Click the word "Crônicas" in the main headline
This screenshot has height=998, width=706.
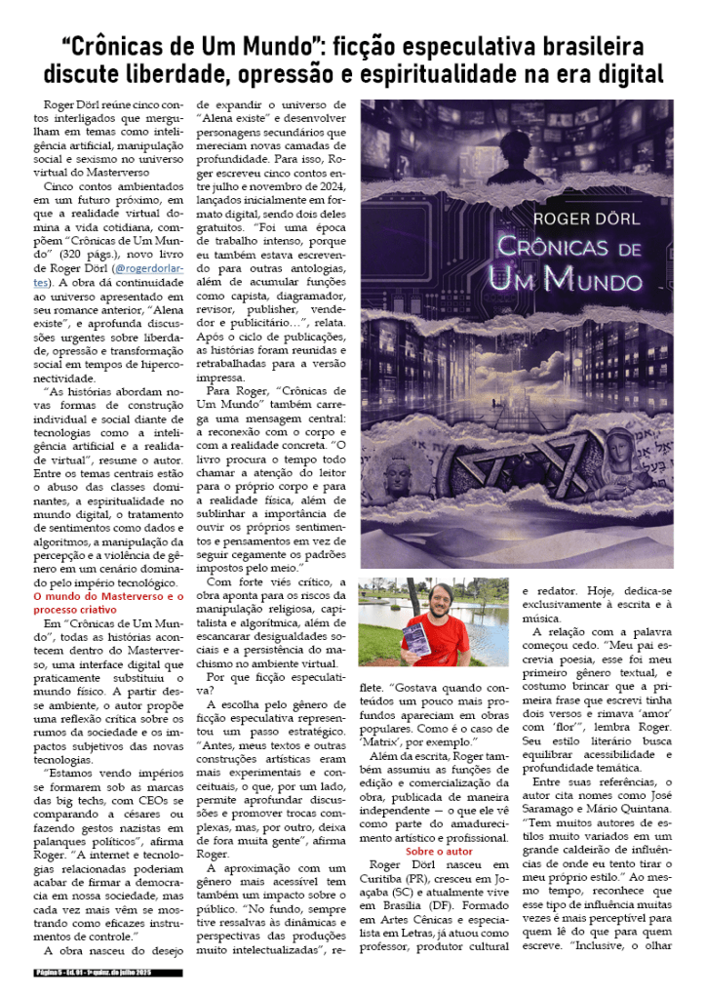tap(126, 46)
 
